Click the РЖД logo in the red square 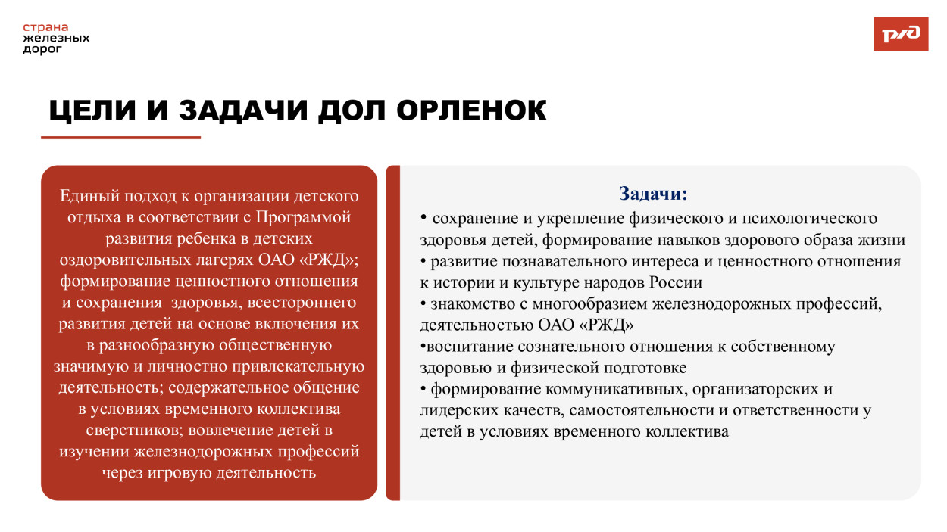901,34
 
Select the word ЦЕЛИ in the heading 92,110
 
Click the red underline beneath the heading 120,138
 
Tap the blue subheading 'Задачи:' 653,194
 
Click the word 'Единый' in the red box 86,196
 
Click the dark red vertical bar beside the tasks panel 392,333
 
